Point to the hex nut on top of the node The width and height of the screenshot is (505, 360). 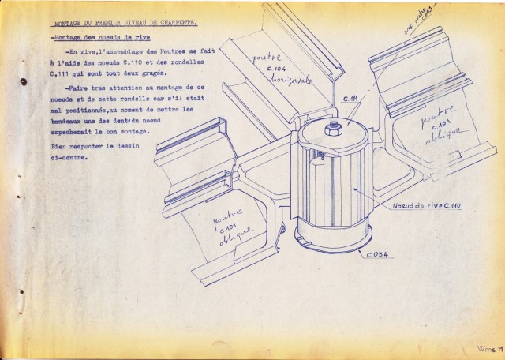(x=334, y=127)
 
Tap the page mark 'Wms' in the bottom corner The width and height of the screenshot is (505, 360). (x=486, y=347)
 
